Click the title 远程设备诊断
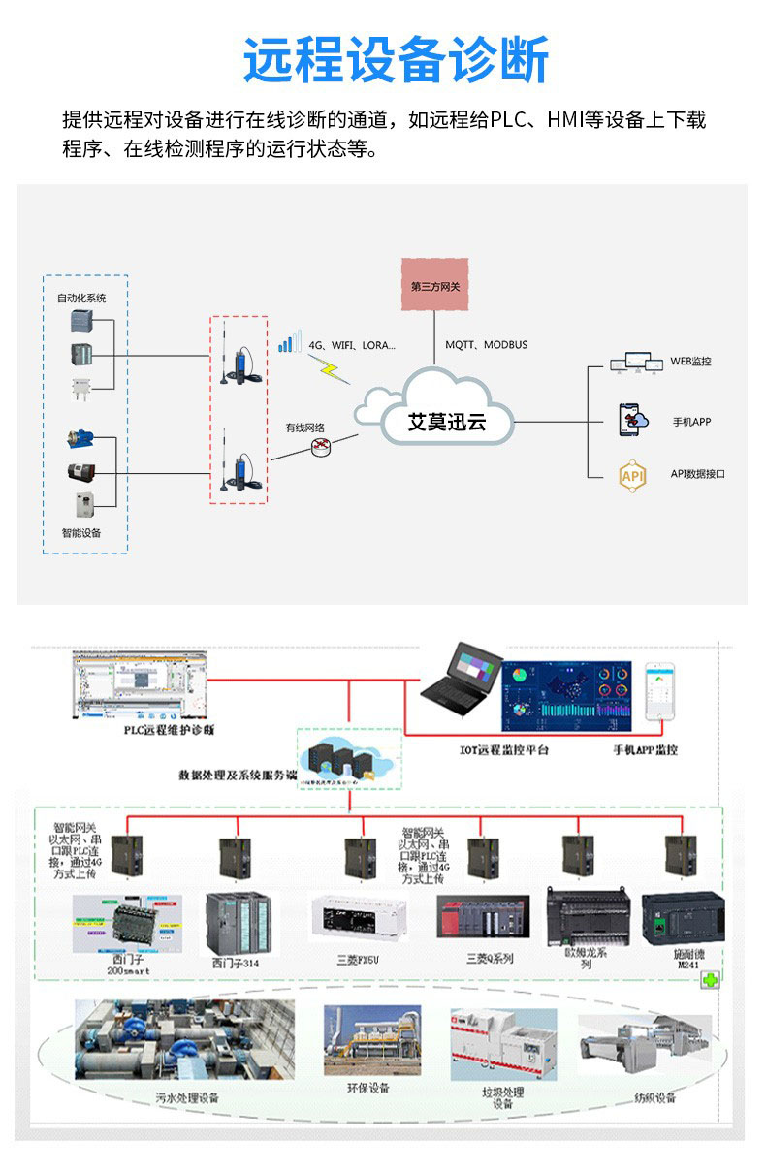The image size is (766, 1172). [396, 60]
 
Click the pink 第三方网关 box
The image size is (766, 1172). [435, 285]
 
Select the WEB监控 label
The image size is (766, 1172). [690, 362]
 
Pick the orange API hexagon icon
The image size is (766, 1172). [632, 475]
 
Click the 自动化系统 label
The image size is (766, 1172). [81, 298]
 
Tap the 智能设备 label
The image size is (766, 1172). [81, 533]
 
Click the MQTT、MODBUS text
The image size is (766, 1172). [487, 345]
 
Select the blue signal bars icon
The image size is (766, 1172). [289, 342]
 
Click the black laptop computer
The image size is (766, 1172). [462, 685]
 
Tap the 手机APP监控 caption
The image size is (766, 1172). [646, 749]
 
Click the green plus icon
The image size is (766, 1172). [710, 980]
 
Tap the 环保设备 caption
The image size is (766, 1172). [367, 1088]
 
